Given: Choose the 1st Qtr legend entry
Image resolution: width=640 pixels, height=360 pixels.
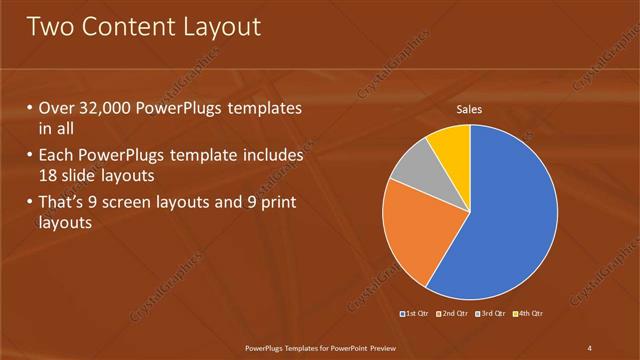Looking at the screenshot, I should coord(416,314).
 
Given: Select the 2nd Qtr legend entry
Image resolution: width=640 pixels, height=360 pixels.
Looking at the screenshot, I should coord(452,314).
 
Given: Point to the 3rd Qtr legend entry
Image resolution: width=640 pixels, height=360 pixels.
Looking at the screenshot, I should coord(490,314).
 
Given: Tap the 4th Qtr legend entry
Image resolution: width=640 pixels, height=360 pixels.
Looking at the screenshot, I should coord(527,314).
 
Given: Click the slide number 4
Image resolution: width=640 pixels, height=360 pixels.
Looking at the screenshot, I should coord(590,347).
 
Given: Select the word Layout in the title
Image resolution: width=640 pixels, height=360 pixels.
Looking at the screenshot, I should coord(223,27).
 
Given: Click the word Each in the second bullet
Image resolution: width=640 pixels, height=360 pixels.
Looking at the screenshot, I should coord(58,156).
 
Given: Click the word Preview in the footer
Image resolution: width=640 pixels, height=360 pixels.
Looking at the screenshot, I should coord(379,347).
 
